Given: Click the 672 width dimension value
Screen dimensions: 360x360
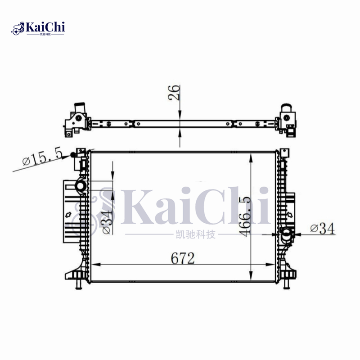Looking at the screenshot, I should (182, 258).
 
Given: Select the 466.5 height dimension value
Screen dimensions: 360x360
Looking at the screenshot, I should (245, 216).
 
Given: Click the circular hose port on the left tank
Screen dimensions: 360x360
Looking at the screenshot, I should (81, 186).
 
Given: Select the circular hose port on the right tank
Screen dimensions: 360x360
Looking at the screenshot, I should (286, 234).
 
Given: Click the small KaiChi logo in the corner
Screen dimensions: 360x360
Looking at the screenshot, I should (38, 28).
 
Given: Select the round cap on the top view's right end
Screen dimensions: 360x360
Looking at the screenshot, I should (286, 109).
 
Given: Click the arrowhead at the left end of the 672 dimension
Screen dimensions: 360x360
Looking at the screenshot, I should (94, 264).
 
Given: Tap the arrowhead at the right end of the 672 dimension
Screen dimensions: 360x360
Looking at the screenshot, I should (271, 264).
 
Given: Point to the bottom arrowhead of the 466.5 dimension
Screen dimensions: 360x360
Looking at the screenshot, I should (250, 278).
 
